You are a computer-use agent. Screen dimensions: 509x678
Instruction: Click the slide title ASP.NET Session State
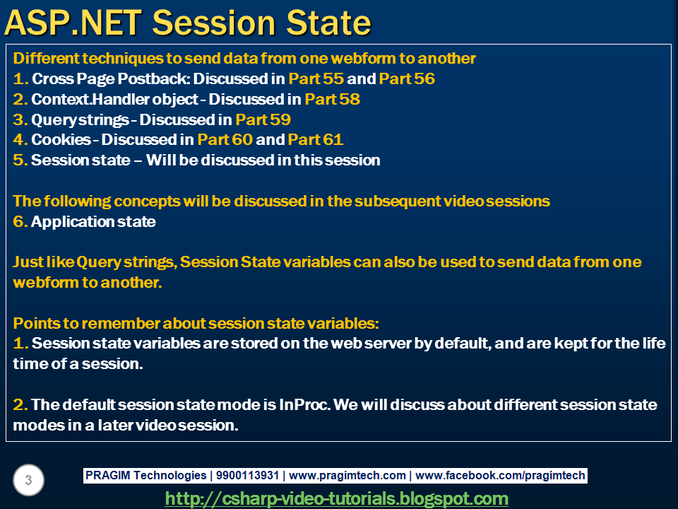[x=188, y=23]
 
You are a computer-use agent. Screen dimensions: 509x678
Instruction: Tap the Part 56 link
[x=407, y=78]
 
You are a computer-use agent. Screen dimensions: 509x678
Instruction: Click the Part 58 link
[x=332, y=99]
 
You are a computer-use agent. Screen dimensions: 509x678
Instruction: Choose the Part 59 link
[x=263, y=119]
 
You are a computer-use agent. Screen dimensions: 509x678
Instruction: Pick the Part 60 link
[x=225, y=140]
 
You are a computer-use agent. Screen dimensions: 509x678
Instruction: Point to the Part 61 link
[x=316, y=140]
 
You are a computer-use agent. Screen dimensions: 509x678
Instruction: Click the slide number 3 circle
[x=28, y=481]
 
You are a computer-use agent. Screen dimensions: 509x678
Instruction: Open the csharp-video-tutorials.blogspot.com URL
[x=336, y=498]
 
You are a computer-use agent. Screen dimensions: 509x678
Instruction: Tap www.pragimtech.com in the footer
[x=347, y=476]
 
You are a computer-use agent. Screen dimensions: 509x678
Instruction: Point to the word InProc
[x=304, y=405]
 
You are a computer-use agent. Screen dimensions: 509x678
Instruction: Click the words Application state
[x=93, y=221]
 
